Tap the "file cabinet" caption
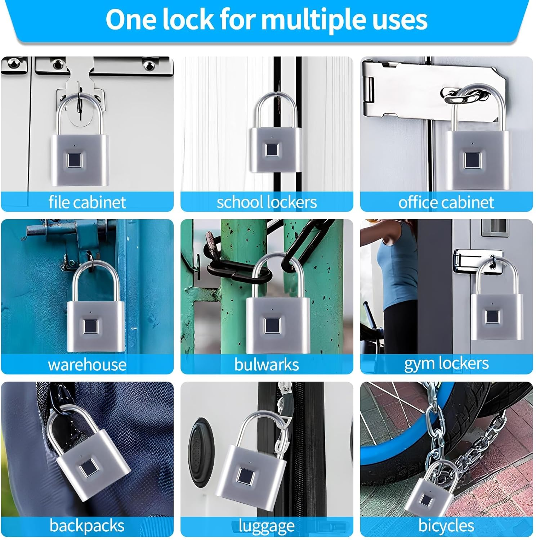tap(87, 202)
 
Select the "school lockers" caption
tap(267, 202)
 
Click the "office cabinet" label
tap(446, 202)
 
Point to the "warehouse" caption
tap(87, 365)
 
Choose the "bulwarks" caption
tap(267, 365)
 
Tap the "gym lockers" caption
tap(446, 364)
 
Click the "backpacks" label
tap(87, 526)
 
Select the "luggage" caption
tap(267, 526)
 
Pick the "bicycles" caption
tap(446, 526)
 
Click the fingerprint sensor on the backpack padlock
tap(88, 470)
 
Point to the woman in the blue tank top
tap(395, 274)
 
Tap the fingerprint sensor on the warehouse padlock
tap(90, 326)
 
